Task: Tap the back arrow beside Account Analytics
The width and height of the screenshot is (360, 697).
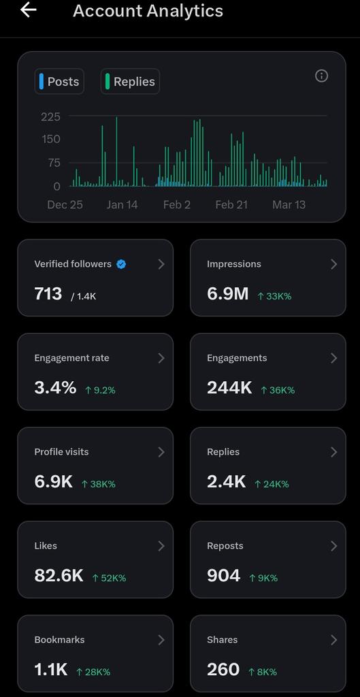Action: click(x=29, y=10)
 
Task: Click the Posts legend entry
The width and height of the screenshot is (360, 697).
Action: click(x=59, y=82)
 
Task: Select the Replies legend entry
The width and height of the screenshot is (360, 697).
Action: click(x=130, y=82)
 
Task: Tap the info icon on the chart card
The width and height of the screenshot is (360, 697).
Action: click(x=322, y=76)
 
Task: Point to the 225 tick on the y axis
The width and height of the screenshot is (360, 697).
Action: click(x=51, y=117)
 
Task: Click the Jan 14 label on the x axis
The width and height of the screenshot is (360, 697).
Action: click(x=122, y=205)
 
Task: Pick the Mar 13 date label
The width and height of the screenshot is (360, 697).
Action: click(x=289, y=205)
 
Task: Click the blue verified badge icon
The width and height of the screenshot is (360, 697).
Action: click(x=121, y=264)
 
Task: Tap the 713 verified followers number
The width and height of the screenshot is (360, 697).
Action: click(x=48, y=294)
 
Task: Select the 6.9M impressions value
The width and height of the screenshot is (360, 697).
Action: click(x=227, y=294)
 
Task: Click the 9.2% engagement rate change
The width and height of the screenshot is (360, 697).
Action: click(x=100, y=390)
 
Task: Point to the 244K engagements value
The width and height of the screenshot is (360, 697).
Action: click(x=229, y=388)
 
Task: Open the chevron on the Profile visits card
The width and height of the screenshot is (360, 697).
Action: click(x=161, y=452)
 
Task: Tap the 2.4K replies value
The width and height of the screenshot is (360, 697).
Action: click(x=226, y=482)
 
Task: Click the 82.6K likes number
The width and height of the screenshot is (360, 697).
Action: click(x=59, y=576)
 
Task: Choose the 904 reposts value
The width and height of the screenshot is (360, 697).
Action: click(x=224, y=576)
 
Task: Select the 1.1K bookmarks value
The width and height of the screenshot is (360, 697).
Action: click(x=51, y=670)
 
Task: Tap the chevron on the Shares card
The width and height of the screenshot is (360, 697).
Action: click(x=333, y=640)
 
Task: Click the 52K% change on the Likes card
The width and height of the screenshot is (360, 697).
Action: click(x=108, y=578)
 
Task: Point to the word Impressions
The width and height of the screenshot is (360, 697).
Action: click(x=234, y=264)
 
